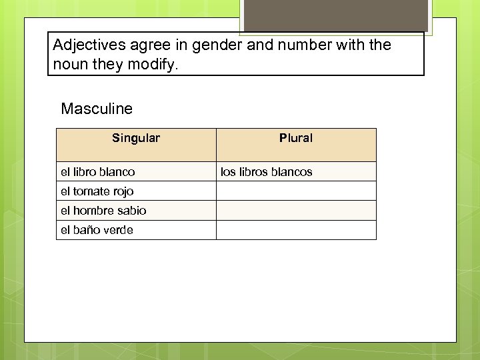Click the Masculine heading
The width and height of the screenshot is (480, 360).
pos(97,108)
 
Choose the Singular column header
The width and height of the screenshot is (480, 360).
pos(136,138)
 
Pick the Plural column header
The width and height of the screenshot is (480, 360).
pos(296,138)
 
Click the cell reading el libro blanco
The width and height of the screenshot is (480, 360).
pos(98,172)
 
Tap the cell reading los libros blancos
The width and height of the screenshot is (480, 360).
pos(267,172)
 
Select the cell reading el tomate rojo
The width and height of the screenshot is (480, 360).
pos(97,191)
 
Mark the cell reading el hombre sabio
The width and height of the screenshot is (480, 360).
pos(103,211)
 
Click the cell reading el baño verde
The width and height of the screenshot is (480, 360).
pos(97,230)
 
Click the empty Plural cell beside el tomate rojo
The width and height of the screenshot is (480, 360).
pos(296,191)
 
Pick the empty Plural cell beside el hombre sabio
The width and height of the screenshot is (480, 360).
pos(296,211)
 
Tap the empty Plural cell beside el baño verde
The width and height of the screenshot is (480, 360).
pos(296,230)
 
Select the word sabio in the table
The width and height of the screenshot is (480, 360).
pos(132,211)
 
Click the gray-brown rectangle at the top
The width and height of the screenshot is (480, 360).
pos(335,15)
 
